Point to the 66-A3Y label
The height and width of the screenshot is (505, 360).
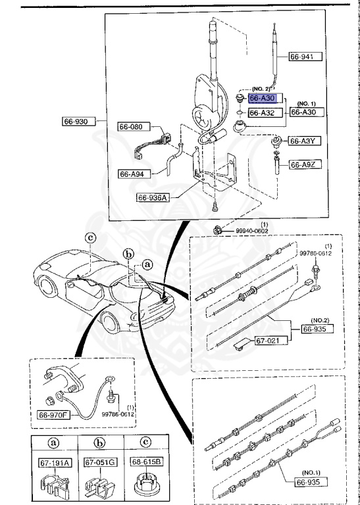tap(305, 141)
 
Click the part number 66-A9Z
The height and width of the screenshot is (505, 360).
tap(305, 164)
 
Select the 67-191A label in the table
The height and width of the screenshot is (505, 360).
tap(51, 462)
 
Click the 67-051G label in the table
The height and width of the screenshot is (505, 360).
tap(100, 462)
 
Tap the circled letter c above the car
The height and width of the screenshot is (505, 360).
tap(91, 238)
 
